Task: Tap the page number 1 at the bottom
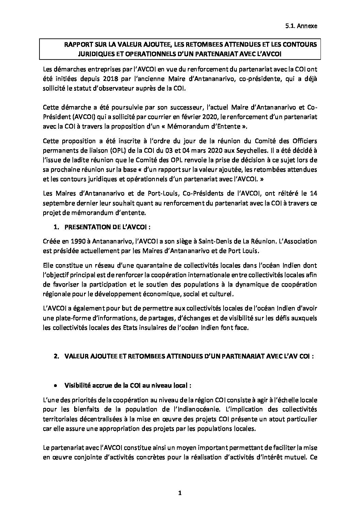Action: point(180,492)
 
